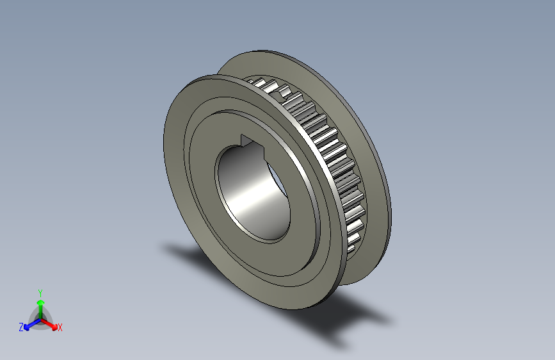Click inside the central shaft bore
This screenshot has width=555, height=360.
pyautogui.click(x=252, y=192)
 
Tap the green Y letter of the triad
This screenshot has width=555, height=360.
pyautogui.click(x=40, y=291)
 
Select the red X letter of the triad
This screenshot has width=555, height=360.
pyautogui.click(x=60, y=327)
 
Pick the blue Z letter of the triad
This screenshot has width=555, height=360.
pyautogui.click(x=21, y=327)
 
